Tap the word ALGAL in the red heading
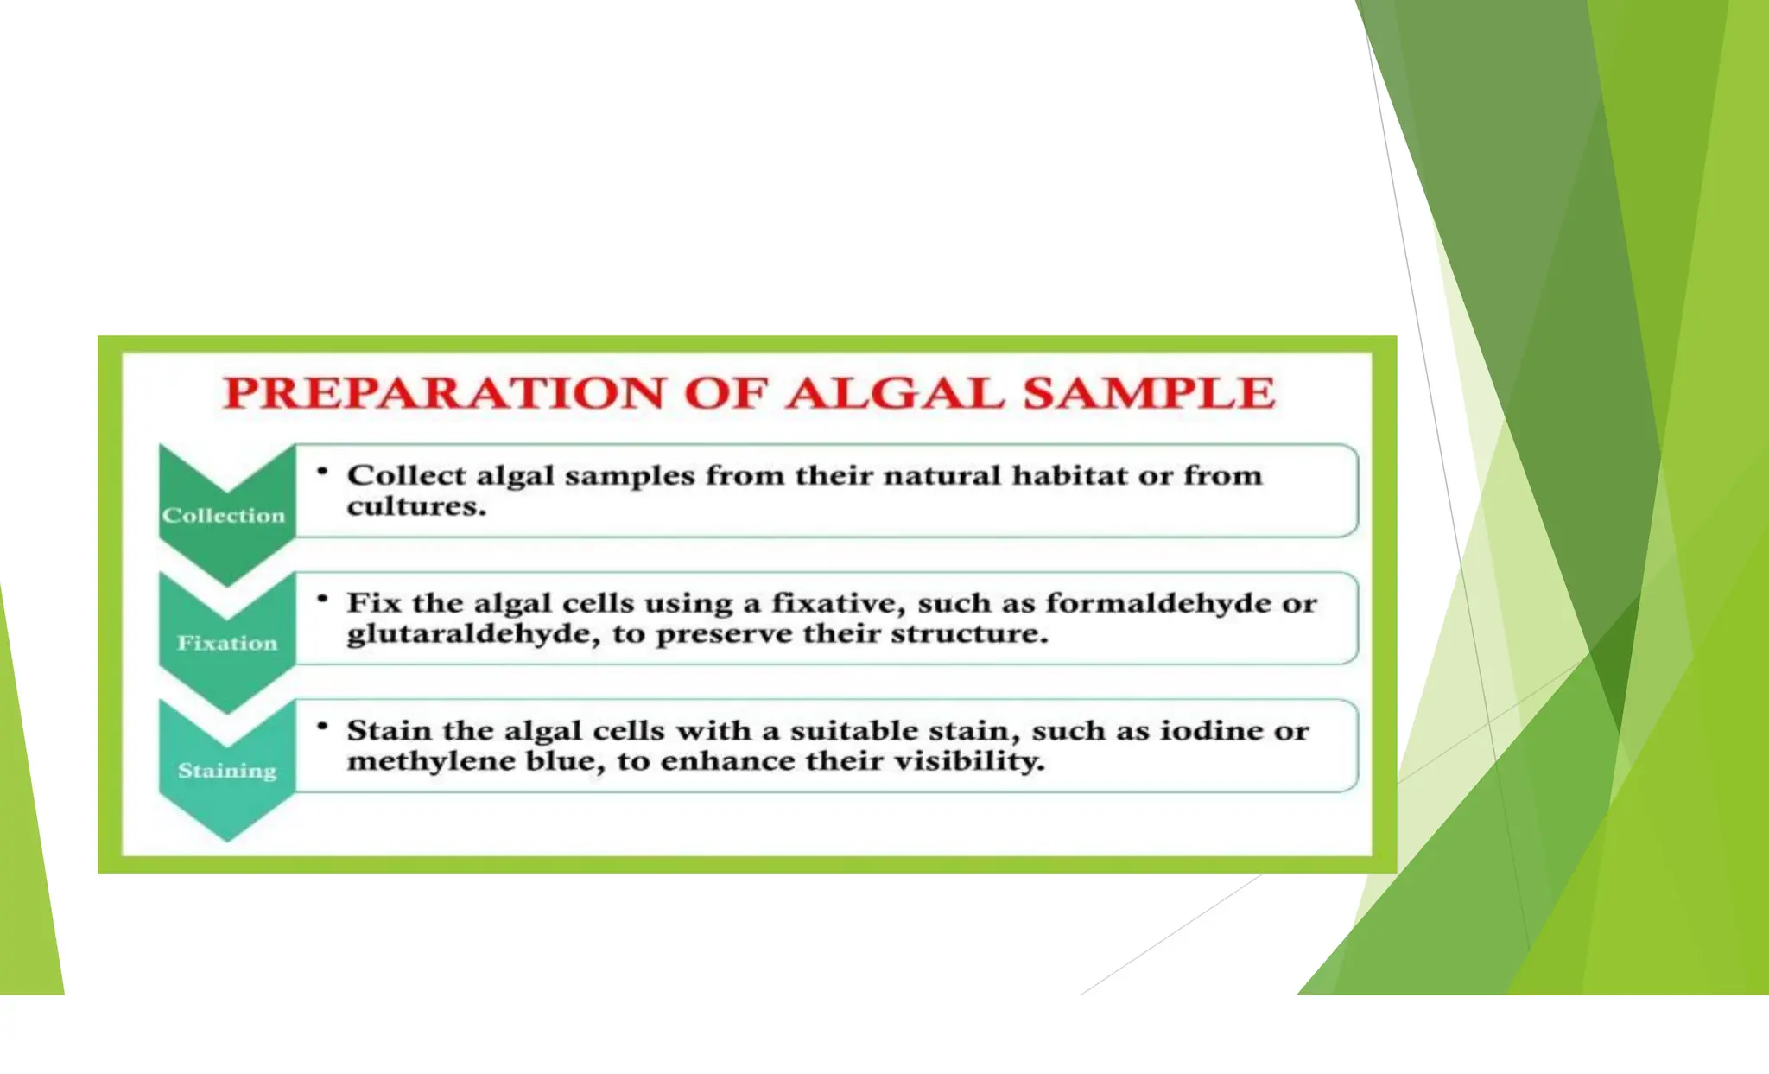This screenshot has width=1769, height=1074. [x=895, y=393]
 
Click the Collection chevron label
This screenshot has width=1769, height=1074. [x=224, y=516]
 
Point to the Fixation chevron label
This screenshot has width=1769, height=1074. [x=227, y=643]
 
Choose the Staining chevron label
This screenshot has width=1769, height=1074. [x=227, y=770]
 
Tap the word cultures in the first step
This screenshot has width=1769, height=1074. [x=416, y=506]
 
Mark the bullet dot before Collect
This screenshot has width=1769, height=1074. [x=322, y=472]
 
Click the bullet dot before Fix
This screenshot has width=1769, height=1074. [x=322, y=599]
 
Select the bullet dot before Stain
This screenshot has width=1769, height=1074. [x=322, y=726]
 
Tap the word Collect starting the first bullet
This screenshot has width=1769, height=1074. [x=407, y=475]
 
